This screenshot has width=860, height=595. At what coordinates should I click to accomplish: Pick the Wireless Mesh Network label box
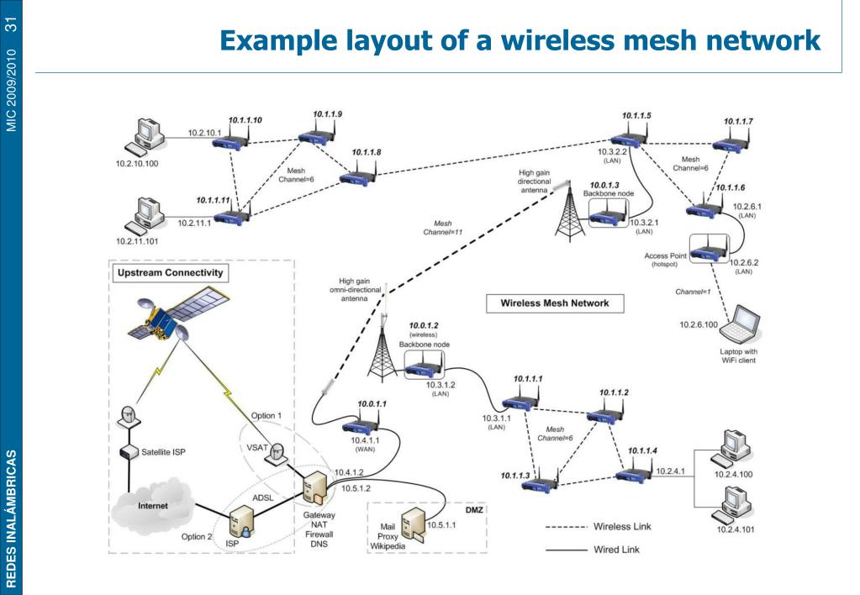(549, 303)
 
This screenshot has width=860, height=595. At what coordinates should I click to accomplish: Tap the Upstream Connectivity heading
(161, 272)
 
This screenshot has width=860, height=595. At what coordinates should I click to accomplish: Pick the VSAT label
(258, 448)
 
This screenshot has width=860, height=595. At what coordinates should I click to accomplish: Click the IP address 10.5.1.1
(441, 525)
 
